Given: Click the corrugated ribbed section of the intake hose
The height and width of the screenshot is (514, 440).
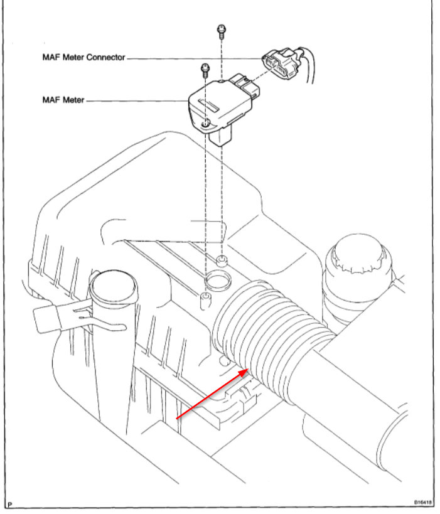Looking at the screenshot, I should click(264, 333).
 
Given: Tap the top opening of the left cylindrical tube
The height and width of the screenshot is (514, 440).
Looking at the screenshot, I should click(114, 283).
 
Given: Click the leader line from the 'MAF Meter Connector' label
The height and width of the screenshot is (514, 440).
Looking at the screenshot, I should click(188, 58).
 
